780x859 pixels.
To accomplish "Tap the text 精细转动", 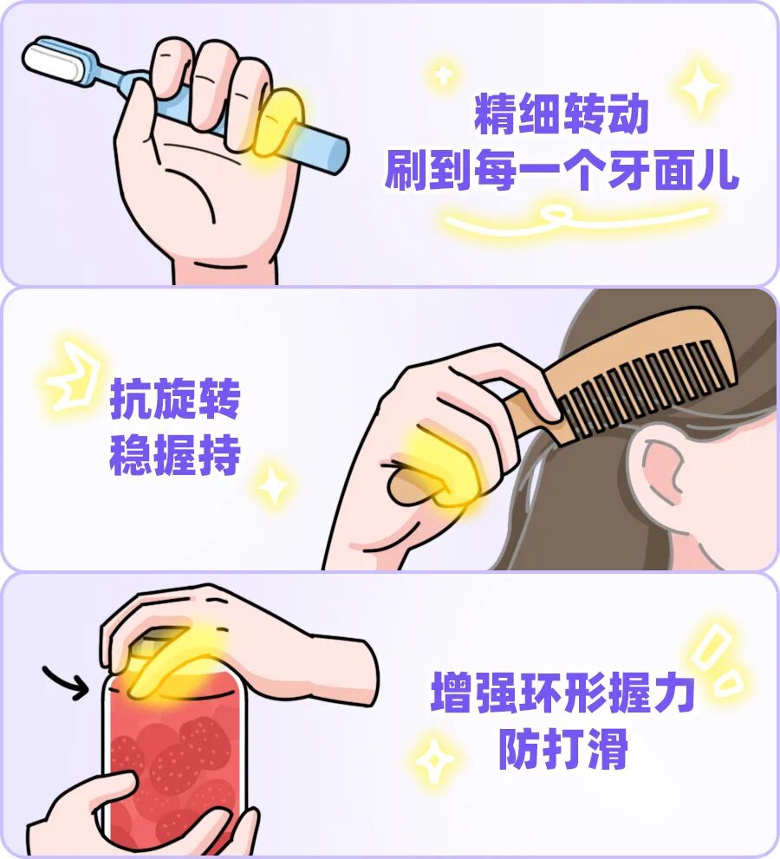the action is [562, 114].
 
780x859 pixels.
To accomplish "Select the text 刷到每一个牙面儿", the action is [562, 170].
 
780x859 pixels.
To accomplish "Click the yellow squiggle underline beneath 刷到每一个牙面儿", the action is [575, 218].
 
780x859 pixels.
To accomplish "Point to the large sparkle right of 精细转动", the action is [699, 87].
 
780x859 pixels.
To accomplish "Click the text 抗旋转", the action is [175, 398].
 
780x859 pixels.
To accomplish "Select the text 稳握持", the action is [175, 455].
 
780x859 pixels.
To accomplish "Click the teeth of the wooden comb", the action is [647, 389].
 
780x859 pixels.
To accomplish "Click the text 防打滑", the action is [563, 748].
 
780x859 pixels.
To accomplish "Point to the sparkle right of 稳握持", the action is [273, 485].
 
